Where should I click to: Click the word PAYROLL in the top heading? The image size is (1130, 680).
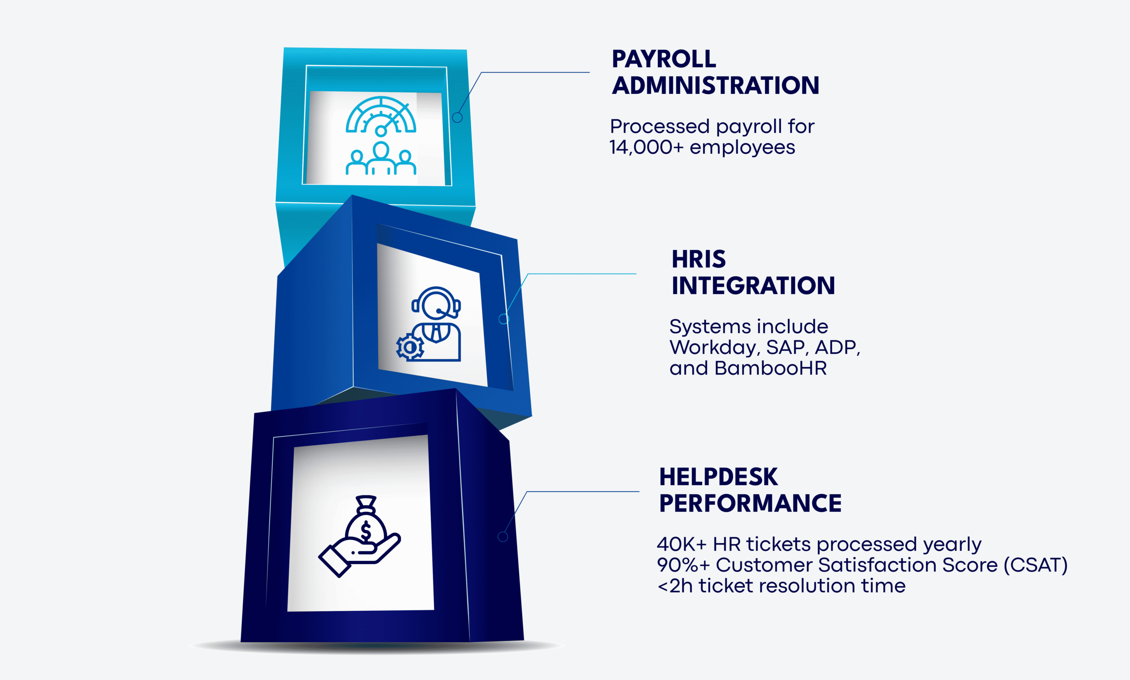click(x=663, y=59)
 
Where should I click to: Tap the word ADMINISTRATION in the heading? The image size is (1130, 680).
click(x=716, y=86)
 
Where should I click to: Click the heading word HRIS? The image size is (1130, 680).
click(x=698, y=259)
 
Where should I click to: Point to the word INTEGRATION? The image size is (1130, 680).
click(x=753, y=286)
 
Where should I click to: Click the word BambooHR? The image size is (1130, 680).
click(x=770, y=368)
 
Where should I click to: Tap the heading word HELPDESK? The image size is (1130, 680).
click(x=718, y=477)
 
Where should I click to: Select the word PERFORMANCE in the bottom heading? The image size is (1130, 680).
click(x=750, y=503)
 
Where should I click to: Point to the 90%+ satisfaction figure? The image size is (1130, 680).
click(x=683, y=565)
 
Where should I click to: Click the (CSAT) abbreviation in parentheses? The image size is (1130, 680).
click(x=1036, y=565)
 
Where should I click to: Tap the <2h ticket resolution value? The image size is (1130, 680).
click(x=674, y=586)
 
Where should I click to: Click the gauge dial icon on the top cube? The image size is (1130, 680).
click(x=381, y=116)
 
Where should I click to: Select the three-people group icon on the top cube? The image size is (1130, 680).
click(x=381, y=159)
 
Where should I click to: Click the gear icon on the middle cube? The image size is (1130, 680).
click(x=410, y=347)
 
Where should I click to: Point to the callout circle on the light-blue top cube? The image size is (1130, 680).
click(x=457, y=117)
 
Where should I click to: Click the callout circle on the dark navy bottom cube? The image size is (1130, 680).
click(x=503, y=537)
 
